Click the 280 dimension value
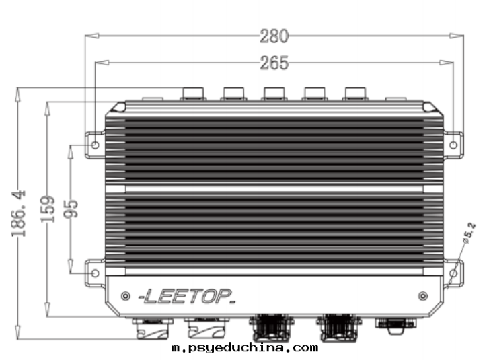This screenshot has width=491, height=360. (x=274, y=36)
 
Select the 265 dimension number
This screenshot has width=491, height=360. (x=274, y=63)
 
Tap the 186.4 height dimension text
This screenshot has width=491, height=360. (x=19, y=213)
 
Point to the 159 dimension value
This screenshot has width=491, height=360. (x=48, y=209)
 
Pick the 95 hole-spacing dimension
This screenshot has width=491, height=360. (x=71, y=209)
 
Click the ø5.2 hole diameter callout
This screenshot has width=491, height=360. (x=469, y=233)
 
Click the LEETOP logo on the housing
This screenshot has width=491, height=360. (x=187, y=296)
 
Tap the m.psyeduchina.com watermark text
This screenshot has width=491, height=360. (x=245, y=347)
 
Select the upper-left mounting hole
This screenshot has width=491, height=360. (x=96, y=145)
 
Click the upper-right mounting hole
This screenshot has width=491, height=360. (x=453, y=145)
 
